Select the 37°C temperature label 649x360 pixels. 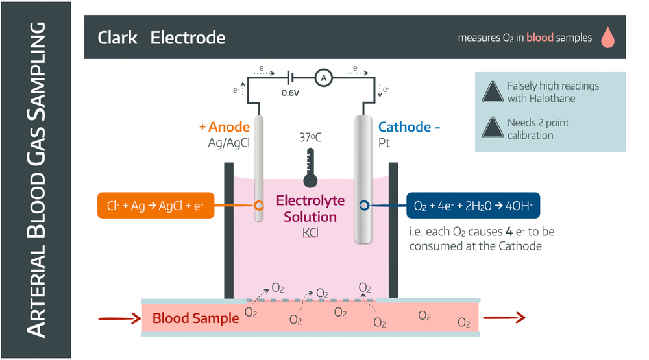tap(310, 138)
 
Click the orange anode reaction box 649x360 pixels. tap(155, 206)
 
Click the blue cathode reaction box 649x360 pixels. tap(473, 206)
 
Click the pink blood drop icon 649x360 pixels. tap(607, 38)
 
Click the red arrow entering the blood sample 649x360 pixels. tap(119, 318)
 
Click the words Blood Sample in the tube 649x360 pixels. tap(195, 318)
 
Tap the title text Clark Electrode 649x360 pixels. tap(161, 38)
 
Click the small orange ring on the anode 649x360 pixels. tap(259, 206)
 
